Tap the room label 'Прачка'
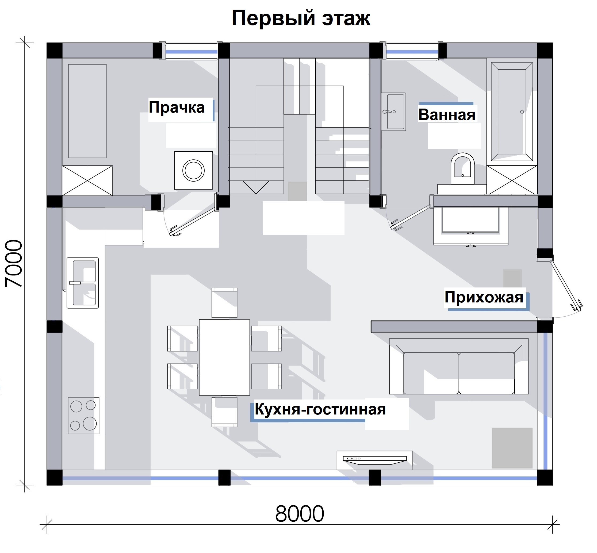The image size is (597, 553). (x=177, y=107)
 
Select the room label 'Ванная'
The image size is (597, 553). (x=446, y=115)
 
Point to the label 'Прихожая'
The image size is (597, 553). (x=484, y=297)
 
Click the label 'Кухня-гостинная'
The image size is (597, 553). (x=320, y=409)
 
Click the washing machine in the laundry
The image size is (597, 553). (x=193, y=170)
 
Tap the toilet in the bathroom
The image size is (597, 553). (x=462, y=168)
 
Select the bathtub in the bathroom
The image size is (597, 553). (x=512, y=112)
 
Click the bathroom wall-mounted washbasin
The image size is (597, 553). (x=393, y=112)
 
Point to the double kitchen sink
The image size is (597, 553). (x=83, y=283)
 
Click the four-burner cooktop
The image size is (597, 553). (x=83, y=415)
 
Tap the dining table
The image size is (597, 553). (x=224, y=357)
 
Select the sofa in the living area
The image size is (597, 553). (x=459, y=366)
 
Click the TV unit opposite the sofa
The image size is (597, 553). (x=375, y=460)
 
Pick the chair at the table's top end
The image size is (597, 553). (x=224, y=302)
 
